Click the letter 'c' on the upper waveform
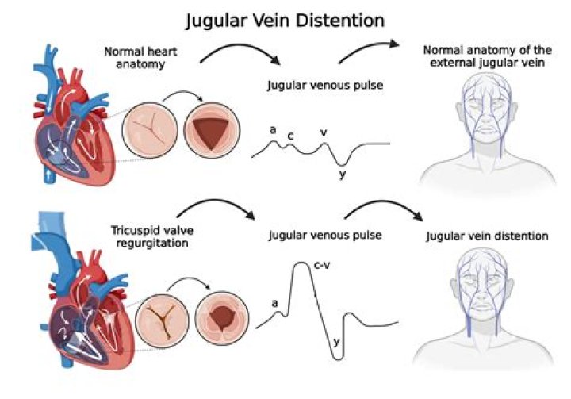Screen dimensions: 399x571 tap(290, 136)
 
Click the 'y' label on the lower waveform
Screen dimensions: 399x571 tap(336, 341)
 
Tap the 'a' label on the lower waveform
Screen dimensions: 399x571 tap(274, 302)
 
